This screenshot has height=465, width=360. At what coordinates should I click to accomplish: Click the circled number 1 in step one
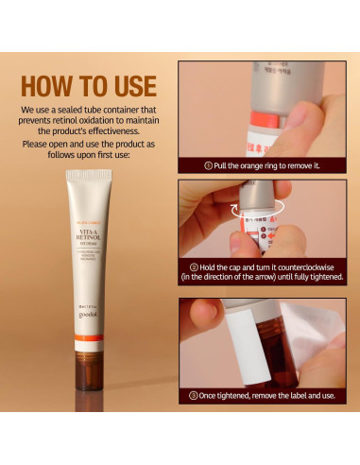[208, 165]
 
